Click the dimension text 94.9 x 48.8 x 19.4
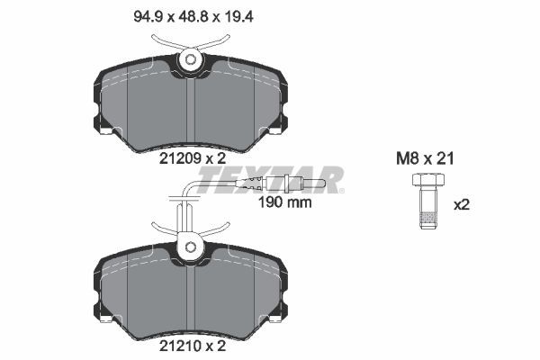(193, 16)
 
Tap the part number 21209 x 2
(193, 158)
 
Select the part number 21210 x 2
(193, 346)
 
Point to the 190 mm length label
(284, 202)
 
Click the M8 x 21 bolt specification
(425, 158)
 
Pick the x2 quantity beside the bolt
(462, 205)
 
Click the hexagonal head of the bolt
(428, 180)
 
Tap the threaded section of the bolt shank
(428, 218)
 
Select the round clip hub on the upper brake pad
(190, 60)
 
